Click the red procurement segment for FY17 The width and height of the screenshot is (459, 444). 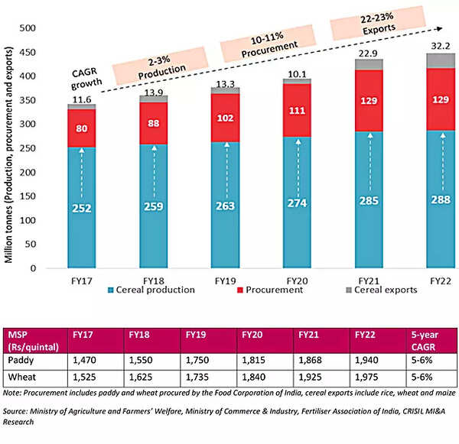point(81,129)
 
